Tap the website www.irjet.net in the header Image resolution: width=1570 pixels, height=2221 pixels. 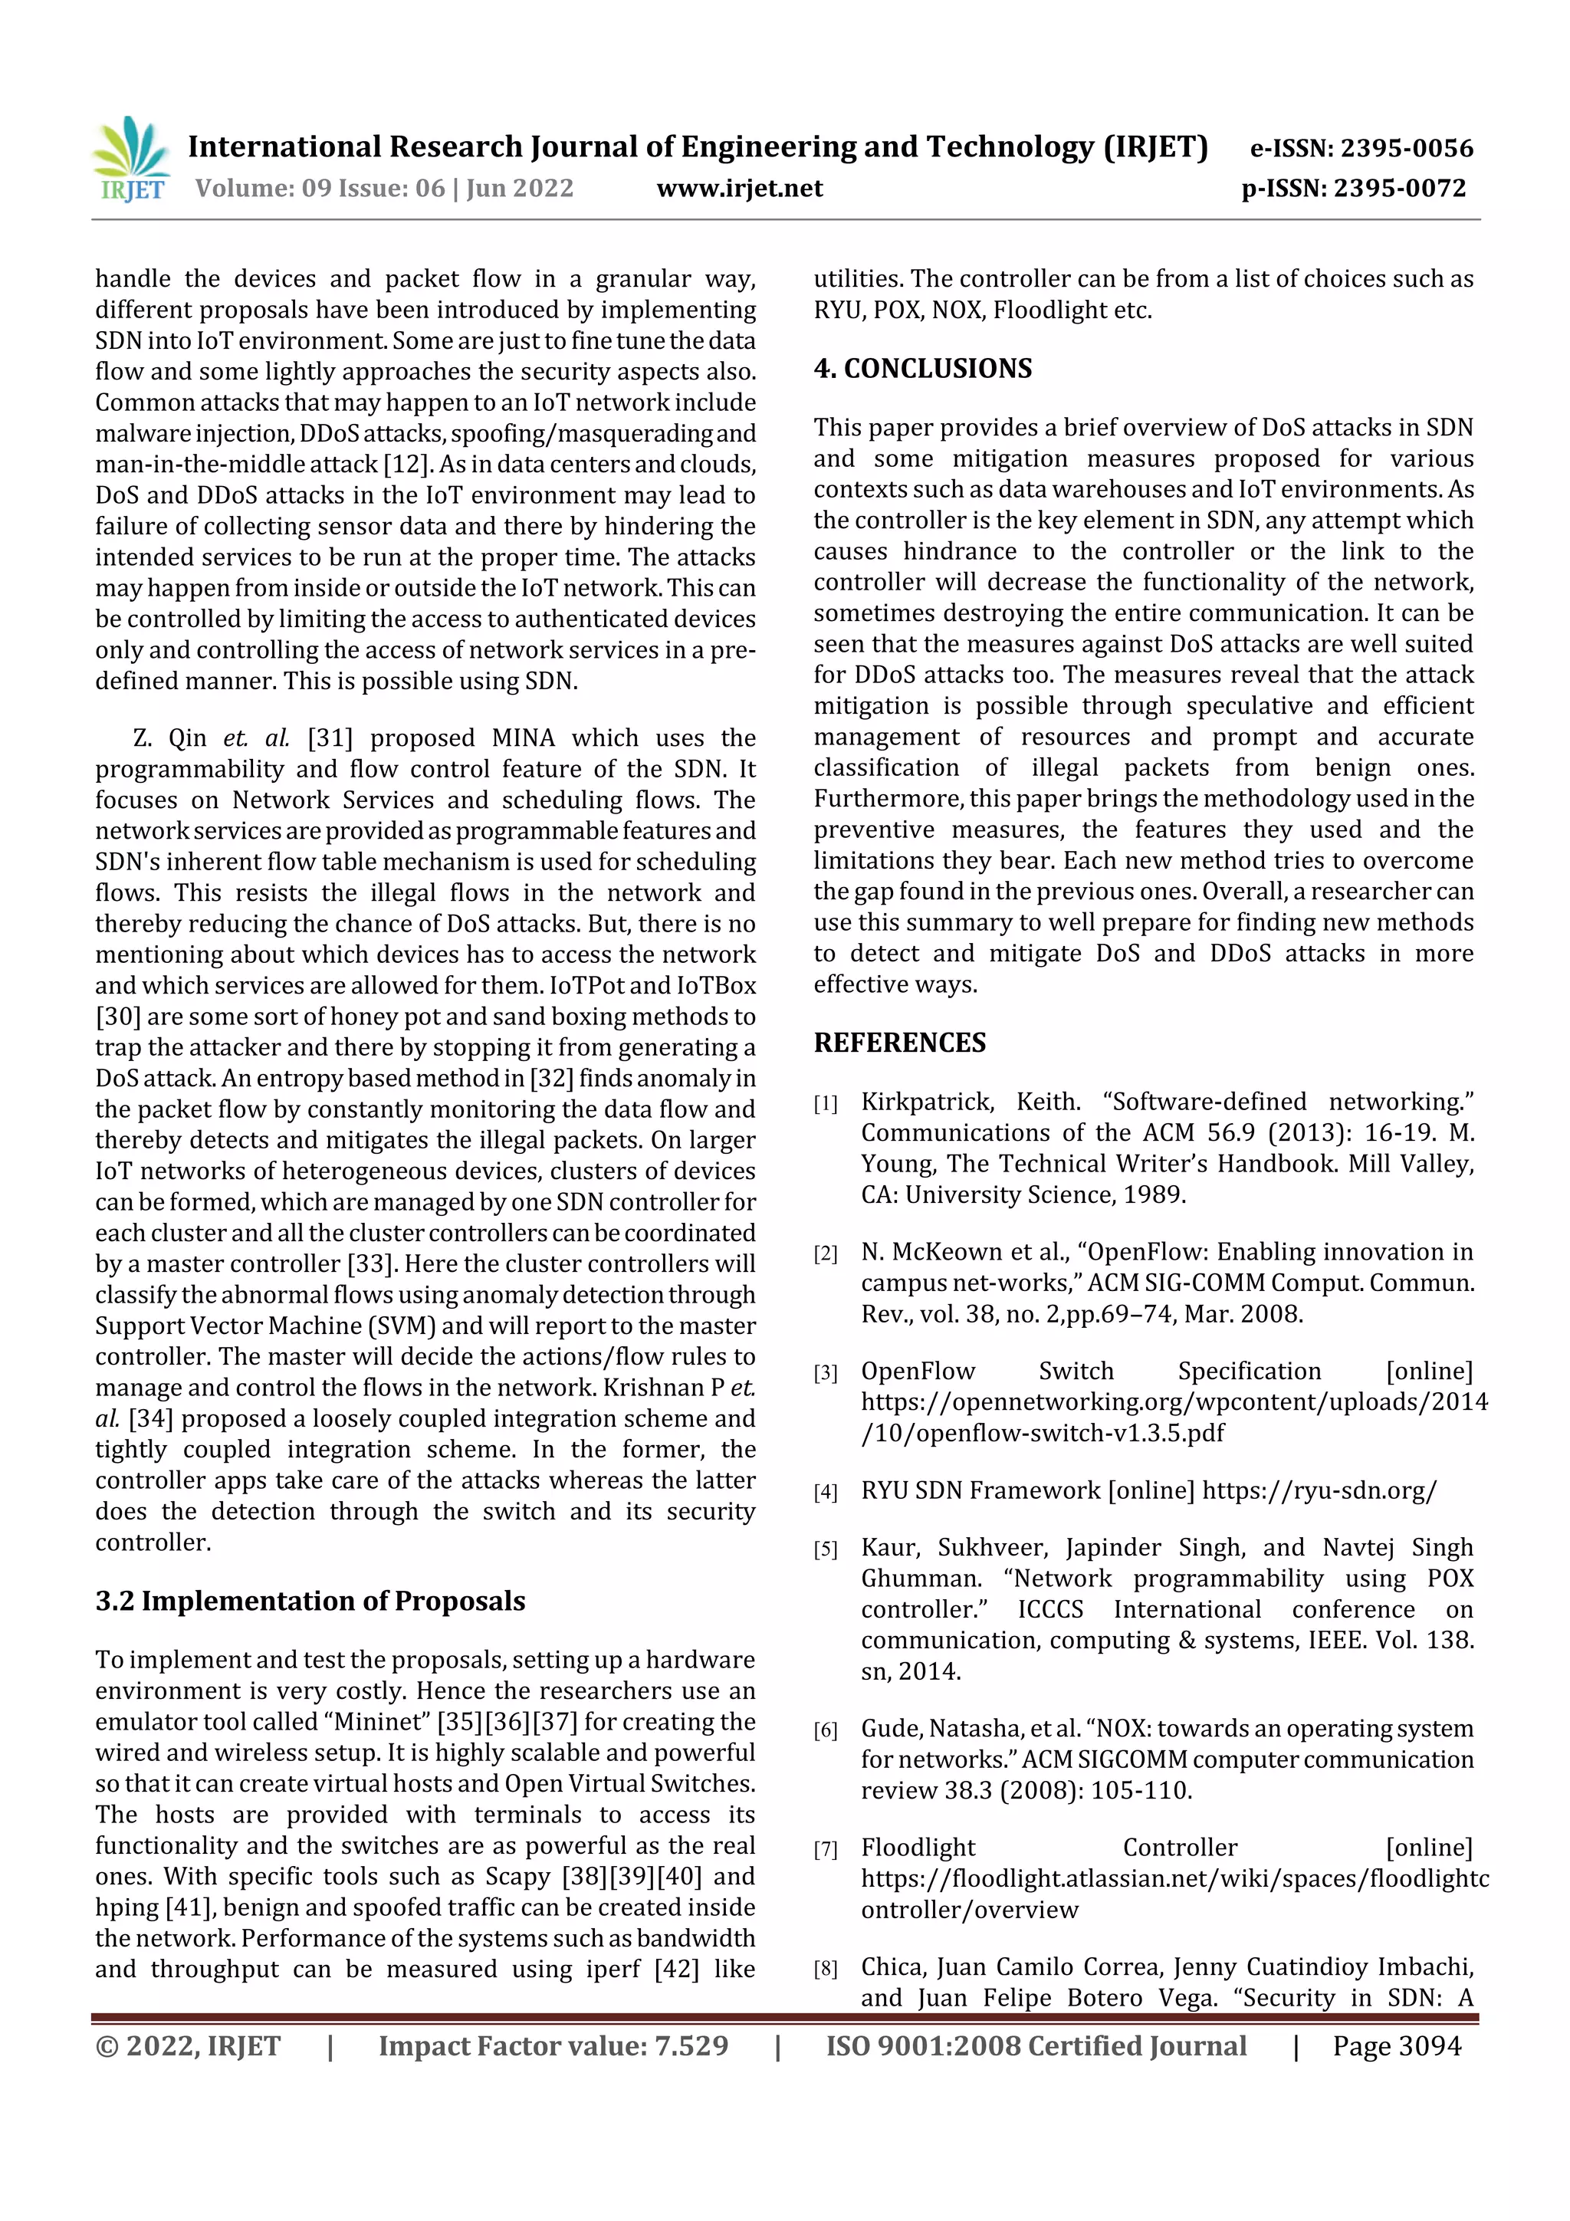(739, 188)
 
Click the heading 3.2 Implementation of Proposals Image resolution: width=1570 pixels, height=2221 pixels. (310, 1601)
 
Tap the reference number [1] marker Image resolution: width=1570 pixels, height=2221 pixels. (824, 1104)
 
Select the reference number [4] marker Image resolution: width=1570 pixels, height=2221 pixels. (824, 1493)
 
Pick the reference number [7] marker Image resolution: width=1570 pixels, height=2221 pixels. (824, 1849)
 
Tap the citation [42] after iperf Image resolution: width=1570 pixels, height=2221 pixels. (676, 1970)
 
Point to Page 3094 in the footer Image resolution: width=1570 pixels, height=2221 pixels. (1396, 2046)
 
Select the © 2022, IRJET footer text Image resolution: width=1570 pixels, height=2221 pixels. (188, 2046)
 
